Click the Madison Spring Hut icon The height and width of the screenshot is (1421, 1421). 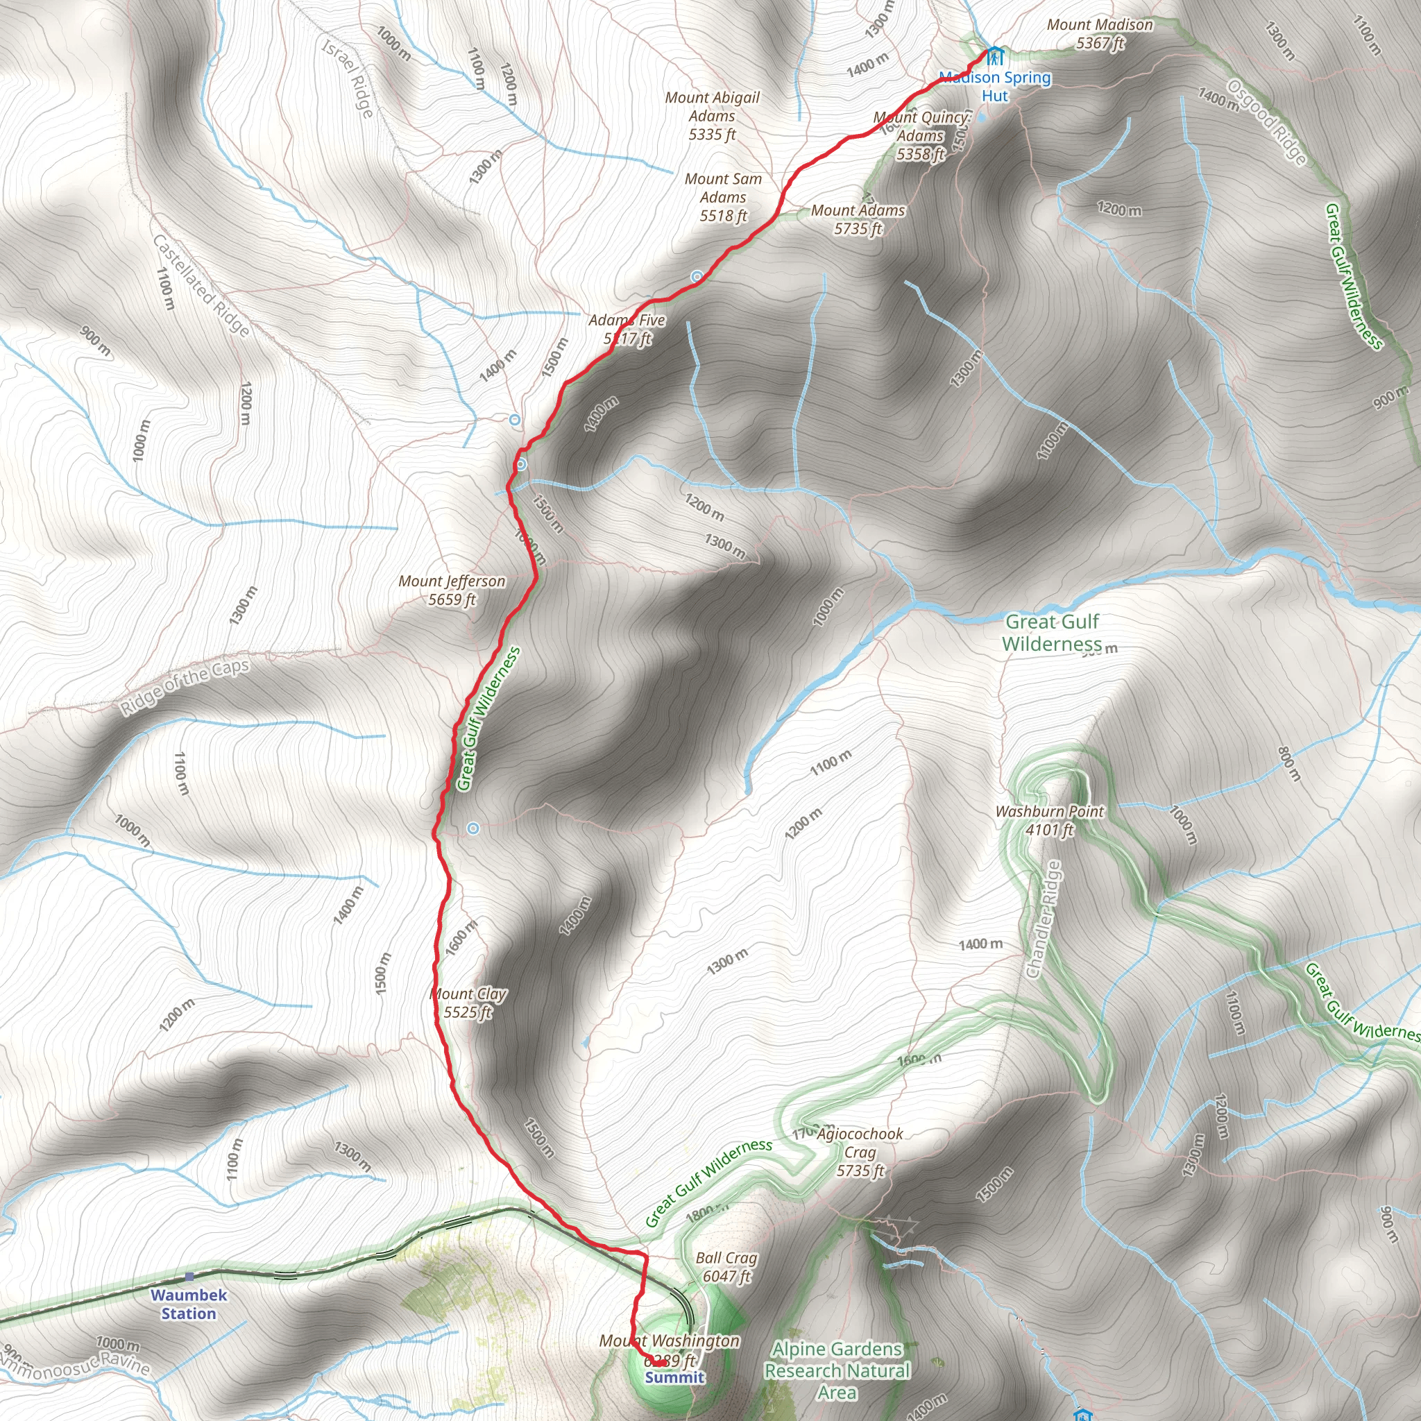(994, 56)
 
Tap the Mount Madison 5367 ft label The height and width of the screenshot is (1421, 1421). (1100, 34)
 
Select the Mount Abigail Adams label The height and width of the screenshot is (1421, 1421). (712, 116)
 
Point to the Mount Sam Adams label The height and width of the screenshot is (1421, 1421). (723, 197)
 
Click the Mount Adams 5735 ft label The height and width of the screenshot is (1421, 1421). (858, 219)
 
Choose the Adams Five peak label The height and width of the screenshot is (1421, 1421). (627, 330)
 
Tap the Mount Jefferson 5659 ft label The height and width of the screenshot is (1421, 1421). (452, 590)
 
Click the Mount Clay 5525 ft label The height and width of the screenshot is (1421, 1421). (468, 1003)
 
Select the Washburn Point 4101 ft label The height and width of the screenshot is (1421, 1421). (1049, 820)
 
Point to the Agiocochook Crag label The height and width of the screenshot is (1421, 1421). (860, 1152)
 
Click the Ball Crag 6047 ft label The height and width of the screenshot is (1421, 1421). (726, 1266)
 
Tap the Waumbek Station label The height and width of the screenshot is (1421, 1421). (189, 1304)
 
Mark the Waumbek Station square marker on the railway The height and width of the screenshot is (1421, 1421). (189, 1277)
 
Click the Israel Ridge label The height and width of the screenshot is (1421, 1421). (348, 77)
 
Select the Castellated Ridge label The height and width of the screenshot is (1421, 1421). (201, 285)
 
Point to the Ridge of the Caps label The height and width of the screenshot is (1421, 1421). (185, 687)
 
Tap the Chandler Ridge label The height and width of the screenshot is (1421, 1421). (1044, 920)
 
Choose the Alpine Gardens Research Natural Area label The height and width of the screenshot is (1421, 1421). (837, 1370)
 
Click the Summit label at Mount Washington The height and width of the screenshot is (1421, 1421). (674, 1377)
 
